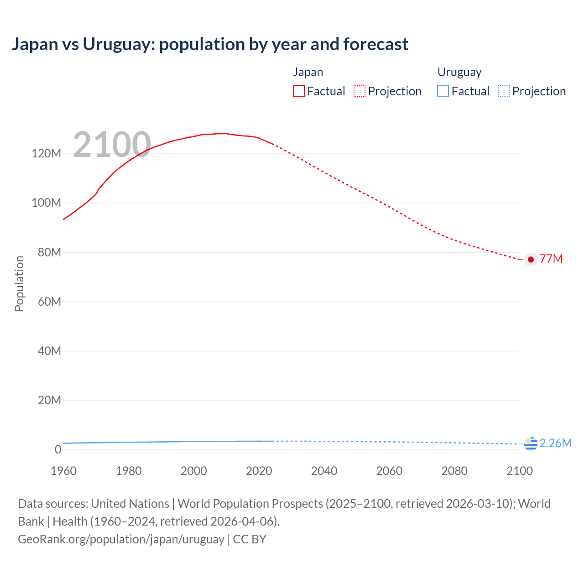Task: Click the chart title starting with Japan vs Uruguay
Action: point(210,44)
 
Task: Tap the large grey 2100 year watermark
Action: point(112,145)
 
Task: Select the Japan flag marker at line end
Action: point(531,260)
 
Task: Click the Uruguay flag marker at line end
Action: point(531,443)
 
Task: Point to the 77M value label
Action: point(551,259)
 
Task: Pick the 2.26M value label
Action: point(555,443)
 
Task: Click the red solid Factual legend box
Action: point(299,91)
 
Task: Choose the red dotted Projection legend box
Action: point(360,91)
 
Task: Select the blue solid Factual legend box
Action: point(443,91)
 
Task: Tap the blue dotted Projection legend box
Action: point(504,91)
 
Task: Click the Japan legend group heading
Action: point(308,72)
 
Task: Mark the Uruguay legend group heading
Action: point(459,72)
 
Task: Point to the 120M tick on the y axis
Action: point(46,153)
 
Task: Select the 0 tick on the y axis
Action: point(58,449)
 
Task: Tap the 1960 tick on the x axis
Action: point(63,471)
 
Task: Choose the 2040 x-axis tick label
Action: point(324,471)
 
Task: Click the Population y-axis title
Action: point(19,283)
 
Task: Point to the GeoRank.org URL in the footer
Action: point(121,539)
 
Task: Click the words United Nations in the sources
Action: point(130,504)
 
